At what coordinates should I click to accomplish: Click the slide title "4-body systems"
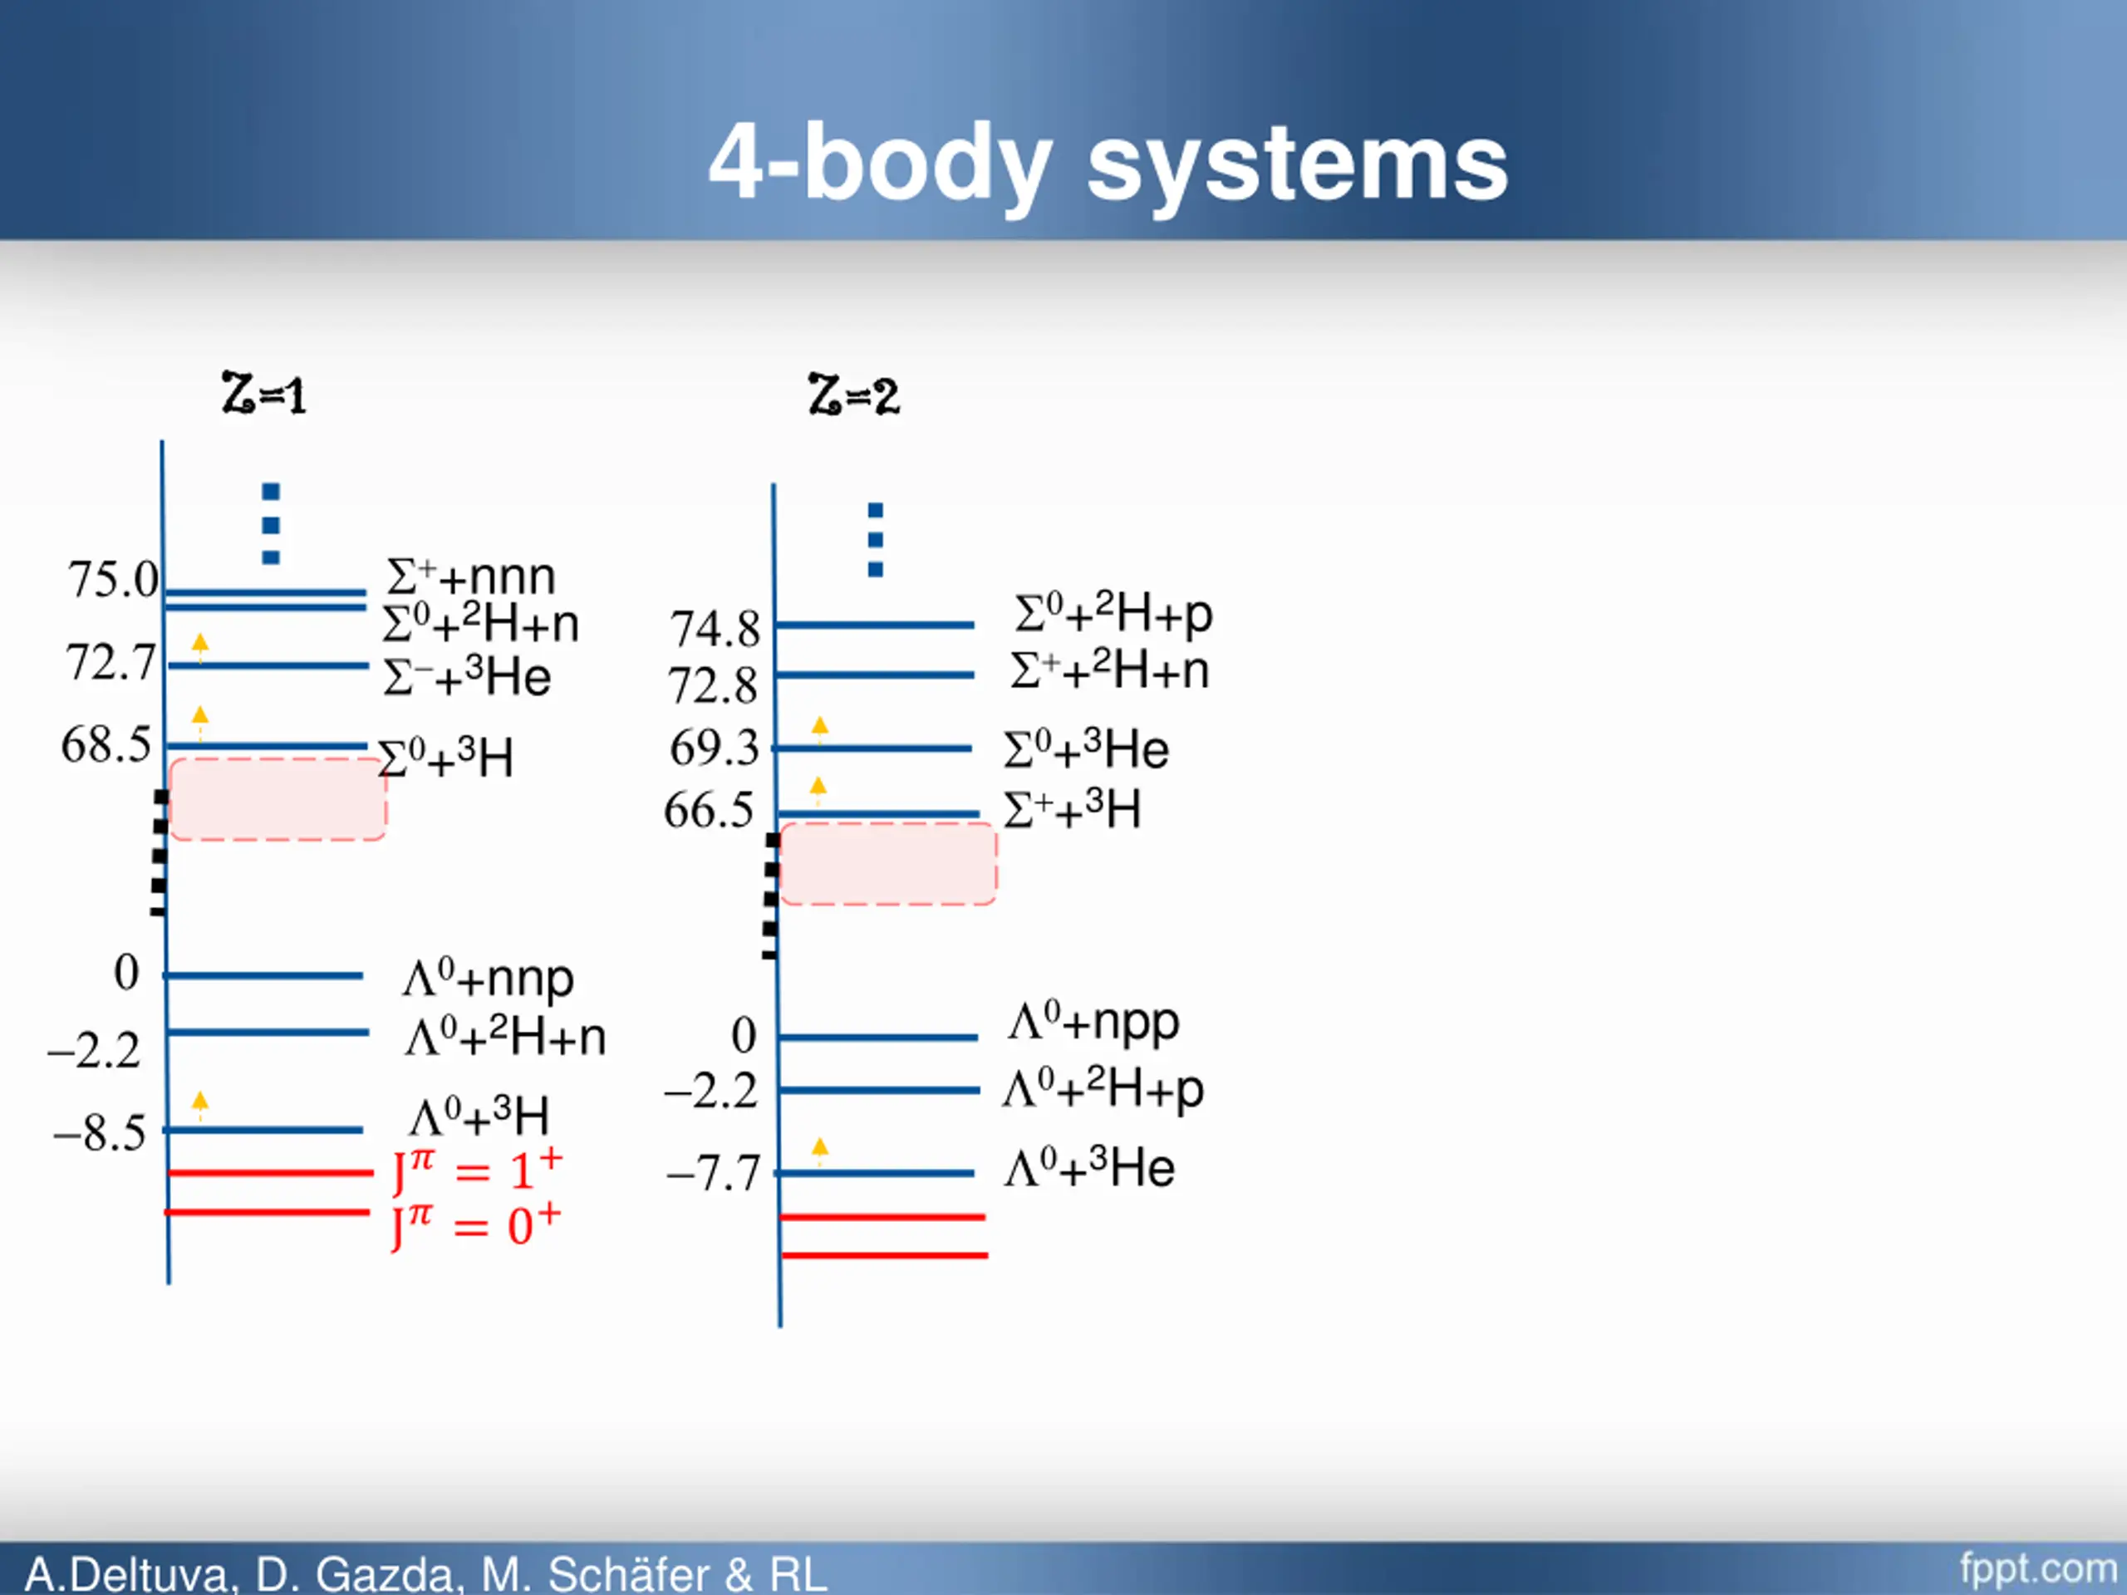coord(1108,164)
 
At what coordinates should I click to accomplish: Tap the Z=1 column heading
coord(263,395)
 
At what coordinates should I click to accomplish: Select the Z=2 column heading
coord(854,395)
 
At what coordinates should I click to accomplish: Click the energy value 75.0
coord(112,580)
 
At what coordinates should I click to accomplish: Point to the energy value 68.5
coord(106,745)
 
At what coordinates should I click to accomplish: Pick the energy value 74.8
coord(715,630)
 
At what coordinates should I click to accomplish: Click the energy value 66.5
coord(709,811)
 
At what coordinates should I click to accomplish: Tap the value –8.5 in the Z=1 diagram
coord(100,1133)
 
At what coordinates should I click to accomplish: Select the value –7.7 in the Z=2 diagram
coord(714,1174)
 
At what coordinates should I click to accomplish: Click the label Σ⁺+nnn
coord(471,577)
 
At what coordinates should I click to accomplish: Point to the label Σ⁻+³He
coord(467,677)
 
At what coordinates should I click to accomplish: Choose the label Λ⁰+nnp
coord(489,979)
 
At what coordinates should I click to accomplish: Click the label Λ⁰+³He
coord(1089,1169)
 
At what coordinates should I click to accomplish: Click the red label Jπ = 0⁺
coord(476,1226)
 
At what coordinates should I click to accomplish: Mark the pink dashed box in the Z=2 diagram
coord(887,863)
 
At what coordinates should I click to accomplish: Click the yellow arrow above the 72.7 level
coord(200,646)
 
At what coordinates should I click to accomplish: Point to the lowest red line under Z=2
coord(885,1254)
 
